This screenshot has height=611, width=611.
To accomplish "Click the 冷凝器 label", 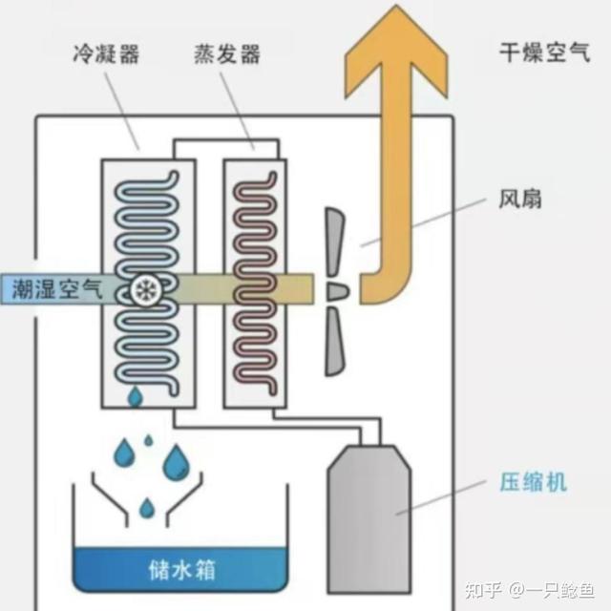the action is pos(106,53).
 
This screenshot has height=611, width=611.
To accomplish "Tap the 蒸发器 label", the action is pos(227,53).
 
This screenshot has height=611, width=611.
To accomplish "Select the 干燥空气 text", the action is pos(545,53).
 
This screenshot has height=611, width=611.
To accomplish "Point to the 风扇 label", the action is pos(520,200).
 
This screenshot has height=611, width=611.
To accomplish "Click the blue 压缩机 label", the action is pos(533,482).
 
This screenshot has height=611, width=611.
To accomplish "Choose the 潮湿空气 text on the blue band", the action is pos(57,289).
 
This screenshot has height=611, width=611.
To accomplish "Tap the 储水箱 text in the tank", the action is pos(182,570).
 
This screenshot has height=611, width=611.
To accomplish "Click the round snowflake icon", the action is pos(146,290).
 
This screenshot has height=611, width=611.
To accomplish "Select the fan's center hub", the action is pos(337,291).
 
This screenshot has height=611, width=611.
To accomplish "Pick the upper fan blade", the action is pos(334,242).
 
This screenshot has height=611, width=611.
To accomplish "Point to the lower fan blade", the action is pos(334,342).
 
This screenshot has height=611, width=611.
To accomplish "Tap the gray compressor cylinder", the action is pos(369,520).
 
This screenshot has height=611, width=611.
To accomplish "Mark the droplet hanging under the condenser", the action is pos(136,397).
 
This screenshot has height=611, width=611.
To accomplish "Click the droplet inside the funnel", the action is pos(147,508).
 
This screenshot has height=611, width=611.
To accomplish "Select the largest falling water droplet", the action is pos(176,462).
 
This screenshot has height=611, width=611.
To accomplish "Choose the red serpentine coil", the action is pos(255,284).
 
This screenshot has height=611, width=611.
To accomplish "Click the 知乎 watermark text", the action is pos(483,590).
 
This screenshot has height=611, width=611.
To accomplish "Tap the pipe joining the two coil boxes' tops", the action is pos(226,140).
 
